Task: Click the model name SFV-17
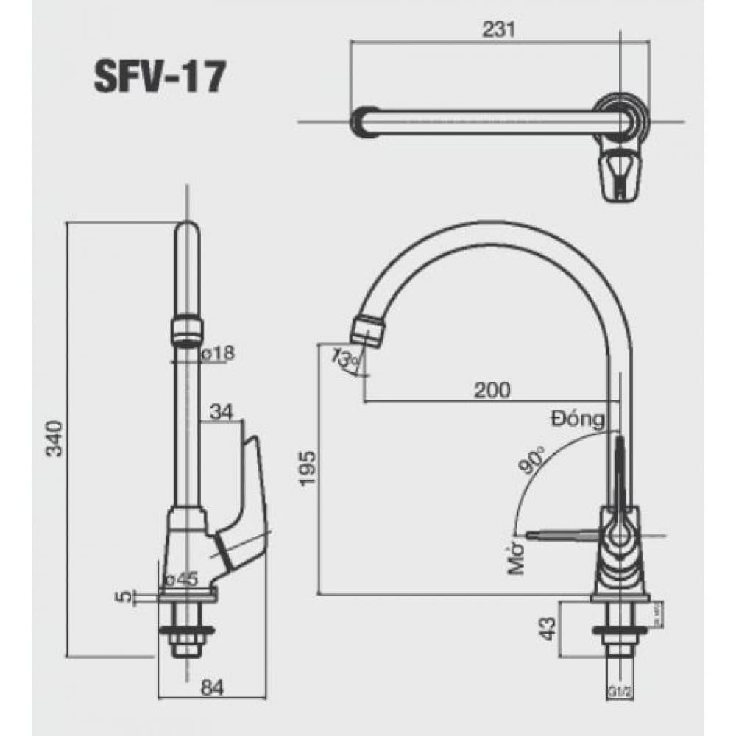click(159, 77)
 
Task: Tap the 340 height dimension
click(55, 439)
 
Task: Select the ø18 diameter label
click(216, 354)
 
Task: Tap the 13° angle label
click(344, 360)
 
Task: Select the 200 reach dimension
click(492, 390)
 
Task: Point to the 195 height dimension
click(307, 469)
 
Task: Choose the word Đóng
click(578, 420)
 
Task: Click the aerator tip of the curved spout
click(367, 330)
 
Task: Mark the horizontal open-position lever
click(559, 531)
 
